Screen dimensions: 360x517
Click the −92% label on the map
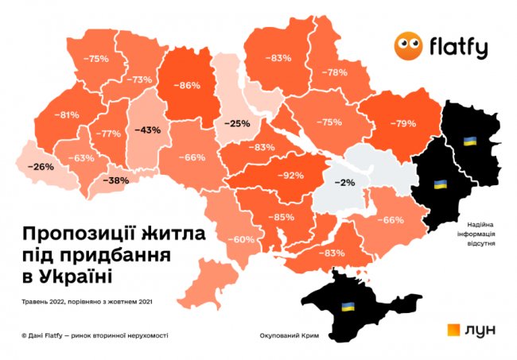point(289,175)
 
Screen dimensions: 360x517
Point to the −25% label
point(237,123)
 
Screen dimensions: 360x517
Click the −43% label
point(148,129)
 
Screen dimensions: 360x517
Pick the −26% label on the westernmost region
point(40,167)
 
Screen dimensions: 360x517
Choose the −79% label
point(400,123)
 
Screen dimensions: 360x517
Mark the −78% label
point(334,72)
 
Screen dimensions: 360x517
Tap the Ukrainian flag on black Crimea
point(348,307)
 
